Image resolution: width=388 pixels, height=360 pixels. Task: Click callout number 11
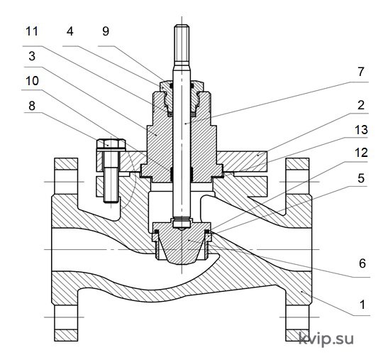pos(32,31)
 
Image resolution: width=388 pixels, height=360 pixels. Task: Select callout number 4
pos(70,31)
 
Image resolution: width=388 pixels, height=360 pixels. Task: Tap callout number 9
pos(106,31)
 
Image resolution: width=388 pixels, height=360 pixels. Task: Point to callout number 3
pos(32,56)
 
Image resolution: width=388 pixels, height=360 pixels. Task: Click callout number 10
pos(32,81)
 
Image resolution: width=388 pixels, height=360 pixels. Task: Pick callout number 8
pos(32,106)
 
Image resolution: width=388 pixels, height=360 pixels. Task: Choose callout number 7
pos(361,72)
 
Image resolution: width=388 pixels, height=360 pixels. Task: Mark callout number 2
pos(361,105)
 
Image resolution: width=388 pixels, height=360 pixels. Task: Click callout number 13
pos(362,129)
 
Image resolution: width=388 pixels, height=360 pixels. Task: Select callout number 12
pos(362,153)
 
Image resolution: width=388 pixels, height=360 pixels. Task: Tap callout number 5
pos(361,178)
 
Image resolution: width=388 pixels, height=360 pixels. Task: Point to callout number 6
pos(362,263)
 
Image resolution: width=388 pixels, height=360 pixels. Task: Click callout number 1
pos(362,305)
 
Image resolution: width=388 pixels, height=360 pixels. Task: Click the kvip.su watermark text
pos(326,339)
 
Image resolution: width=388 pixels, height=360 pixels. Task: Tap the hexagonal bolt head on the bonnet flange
pos(111,144)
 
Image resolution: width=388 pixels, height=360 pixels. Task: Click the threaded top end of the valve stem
pos(182,45)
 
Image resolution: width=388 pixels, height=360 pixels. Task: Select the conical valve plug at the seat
pos(182,244)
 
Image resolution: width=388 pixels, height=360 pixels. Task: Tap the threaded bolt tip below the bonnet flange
pos(111,185)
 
